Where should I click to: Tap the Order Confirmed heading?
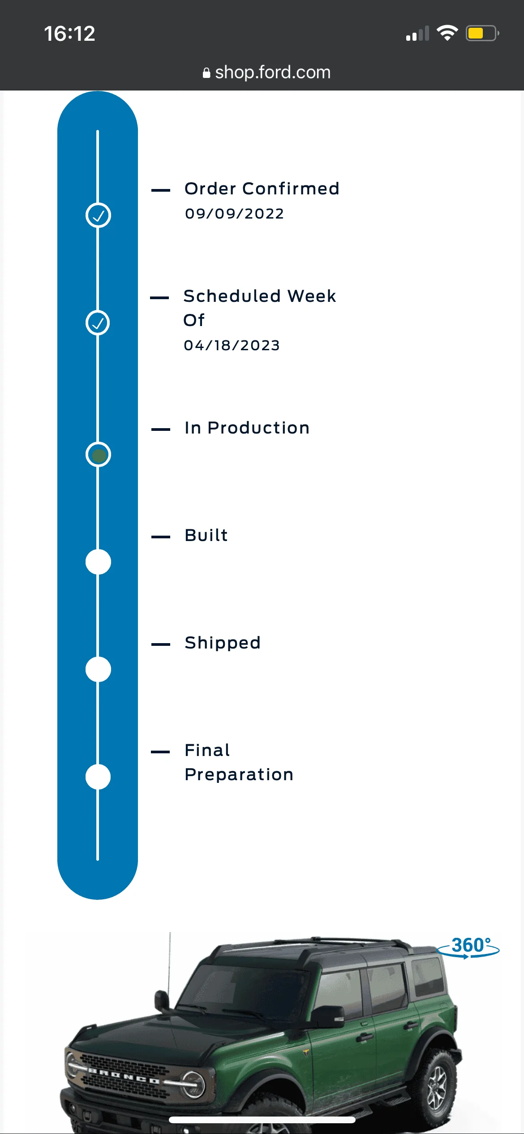coord(262,189)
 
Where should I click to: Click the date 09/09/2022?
coord(234,214)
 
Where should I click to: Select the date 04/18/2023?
coord(232,345)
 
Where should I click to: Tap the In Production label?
coord(247,428)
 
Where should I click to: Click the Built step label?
coord(206,535)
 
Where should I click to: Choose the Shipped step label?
coord(223,643)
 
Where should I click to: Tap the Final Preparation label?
coord(239,762)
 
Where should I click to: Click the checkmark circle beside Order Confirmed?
coord(98,215)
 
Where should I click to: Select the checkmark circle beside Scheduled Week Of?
coord(98,323)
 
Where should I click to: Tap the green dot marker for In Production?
coord(98,455)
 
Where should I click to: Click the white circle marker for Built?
coord(98,562)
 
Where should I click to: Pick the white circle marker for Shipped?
coord(98,670)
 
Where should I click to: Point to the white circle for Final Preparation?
coord(98,777)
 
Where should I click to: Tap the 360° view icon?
coord(468,947)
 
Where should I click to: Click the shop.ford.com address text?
coord(273,72)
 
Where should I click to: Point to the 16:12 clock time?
coord(69,34)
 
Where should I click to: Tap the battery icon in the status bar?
coord(482,33)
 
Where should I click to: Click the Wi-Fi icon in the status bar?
coord(447,33)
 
